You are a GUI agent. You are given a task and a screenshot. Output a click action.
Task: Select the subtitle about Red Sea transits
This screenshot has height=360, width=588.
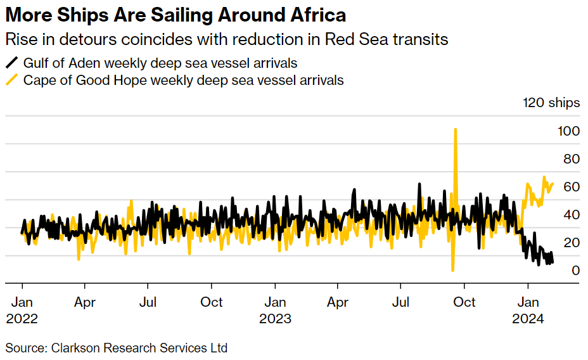point(226,39)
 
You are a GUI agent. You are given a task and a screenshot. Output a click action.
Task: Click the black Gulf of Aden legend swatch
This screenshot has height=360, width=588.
point(12,63)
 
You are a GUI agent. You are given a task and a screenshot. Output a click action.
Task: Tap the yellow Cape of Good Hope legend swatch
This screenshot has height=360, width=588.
point(12,80)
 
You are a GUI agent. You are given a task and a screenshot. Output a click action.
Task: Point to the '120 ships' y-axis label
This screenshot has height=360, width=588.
point(551,103)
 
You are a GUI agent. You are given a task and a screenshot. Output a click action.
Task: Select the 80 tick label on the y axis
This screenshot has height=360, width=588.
point(572,159)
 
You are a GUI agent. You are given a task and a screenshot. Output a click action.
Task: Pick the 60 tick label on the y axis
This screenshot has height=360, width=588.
point(572,187)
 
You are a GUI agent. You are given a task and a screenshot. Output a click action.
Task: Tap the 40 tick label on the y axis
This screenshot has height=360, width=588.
point(572,215)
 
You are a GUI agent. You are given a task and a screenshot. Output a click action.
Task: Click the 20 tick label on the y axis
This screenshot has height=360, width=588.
point(572,243)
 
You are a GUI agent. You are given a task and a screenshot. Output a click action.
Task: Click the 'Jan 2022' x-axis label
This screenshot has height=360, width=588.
point(22,310)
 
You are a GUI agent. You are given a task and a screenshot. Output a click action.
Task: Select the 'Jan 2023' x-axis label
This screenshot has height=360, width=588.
point(275,310)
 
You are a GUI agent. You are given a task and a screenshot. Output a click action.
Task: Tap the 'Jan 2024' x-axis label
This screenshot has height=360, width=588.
point(528,310)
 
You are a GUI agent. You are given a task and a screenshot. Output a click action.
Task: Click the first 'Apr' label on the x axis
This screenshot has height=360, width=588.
point(85,302)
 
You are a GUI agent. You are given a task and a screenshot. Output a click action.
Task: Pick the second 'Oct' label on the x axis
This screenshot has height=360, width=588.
point(465,302)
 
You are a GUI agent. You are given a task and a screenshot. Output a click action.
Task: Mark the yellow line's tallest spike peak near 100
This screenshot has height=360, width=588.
point(455,129)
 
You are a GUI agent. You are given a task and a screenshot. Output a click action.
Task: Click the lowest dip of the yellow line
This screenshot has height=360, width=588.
point(452,271)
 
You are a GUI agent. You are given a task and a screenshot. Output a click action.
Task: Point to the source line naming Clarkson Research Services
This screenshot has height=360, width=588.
point(117,348)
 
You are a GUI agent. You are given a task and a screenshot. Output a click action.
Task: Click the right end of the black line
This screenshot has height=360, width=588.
point(552,262)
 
